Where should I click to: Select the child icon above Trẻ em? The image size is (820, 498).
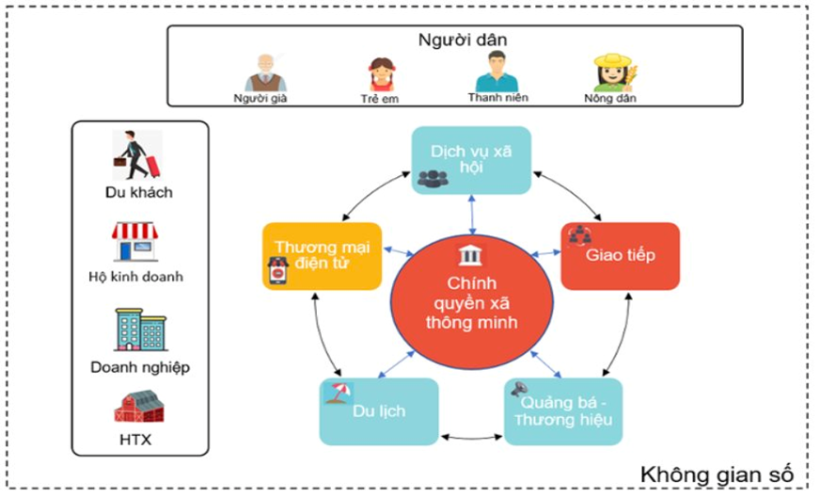381,73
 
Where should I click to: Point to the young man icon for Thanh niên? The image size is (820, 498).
497,71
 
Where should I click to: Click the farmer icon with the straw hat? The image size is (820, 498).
612,72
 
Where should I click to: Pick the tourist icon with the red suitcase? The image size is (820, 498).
138,155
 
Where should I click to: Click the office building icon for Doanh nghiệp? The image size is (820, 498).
138,329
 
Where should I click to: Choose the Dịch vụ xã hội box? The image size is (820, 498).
472,161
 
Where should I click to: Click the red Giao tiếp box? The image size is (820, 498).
620,255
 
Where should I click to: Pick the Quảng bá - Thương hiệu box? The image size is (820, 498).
563,411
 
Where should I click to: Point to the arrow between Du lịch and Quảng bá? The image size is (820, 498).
471,437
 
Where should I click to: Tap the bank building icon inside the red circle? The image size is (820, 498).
467,255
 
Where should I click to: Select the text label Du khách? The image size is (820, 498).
139,192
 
